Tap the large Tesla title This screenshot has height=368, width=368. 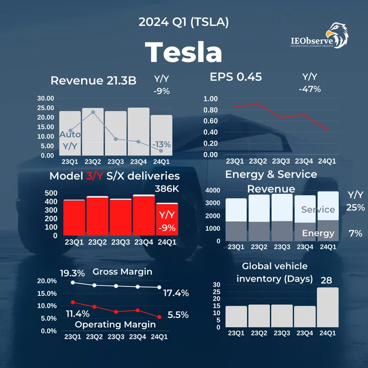pos(184,51)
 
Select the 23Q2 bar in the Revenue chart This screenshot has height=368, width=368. pos(93,132)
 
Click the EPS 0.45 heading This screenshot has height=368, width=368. pos(236,77)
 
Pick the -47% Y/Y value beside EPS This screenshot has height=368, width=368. pos(310,90)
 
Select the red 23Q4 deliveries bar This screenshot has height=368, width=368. pos(144,217)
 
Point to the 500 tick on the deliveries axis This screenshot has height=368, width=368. pos(51,193)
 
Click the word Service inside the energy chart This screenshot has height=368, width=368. pos(318,210)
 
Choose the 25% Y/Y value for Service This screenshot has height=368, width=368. pos(356,207)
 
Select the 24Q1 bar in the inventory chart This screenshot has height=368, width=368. pos(327,307)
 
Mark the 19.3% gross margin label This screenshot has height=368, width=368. pos(73,273)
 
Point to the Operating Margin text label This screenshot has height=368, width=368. pos(115,324)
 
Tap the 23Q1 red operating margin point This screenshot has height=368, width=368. pos(73,302)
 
